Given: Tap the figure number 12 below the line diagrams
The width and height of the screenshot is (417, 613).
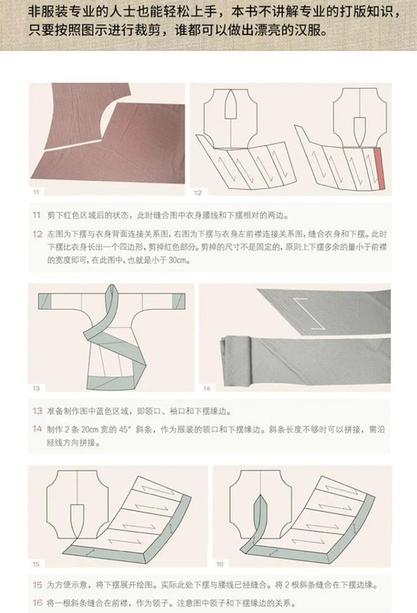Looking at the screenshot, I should pyautogui.click(x=197, y=192).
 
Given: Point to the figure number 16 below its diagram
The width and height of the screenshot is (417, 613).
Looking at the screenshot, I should pyautogui.click(x=218, y=563).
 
